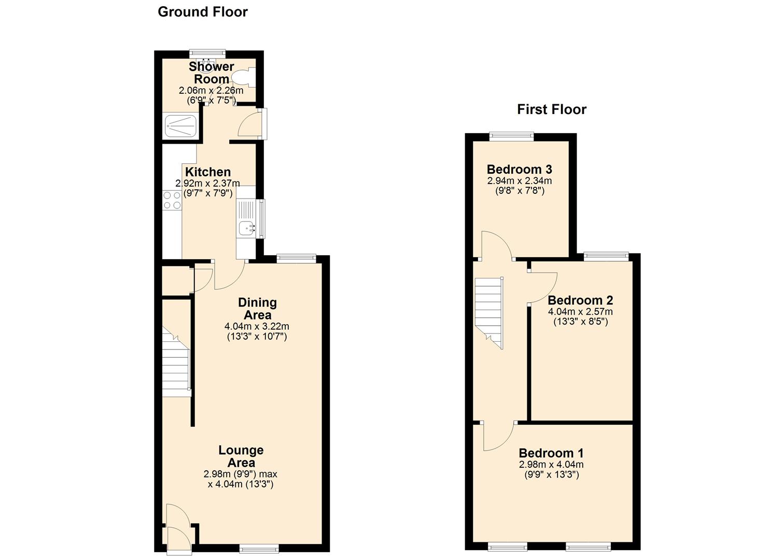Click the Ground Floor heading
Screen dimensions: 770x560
pos(202,12)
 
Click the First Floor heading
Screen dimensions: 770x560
pos(552,109)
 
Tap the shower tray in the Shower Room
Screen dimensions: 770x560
pos(181,126)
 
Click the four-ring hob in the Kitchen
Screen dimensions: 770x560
pos(172,201)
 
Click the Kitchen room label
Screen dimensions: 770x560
pos(208,172)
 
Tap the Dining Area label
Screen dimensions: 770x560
pos(258,309)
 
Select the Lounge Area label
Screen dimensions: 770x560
pos(241,456)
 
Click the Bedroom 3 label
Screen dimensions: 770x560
pos(520,170)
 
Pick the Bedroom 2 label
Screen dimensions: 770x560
pos(580,300)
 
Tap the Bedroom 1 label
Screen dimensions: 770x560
pos(551,453)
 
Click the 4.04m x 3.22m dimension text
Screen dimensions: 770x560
pos(257,326)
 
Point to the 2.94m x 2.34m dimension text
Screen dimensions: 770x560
pos(520,180)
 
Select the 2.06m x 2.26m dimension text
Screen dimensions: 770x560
pos(211,91)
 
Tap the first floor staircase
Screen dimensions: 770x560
pos(489,313)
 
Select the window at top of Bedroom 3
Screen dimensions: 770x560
pos(512,136)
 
